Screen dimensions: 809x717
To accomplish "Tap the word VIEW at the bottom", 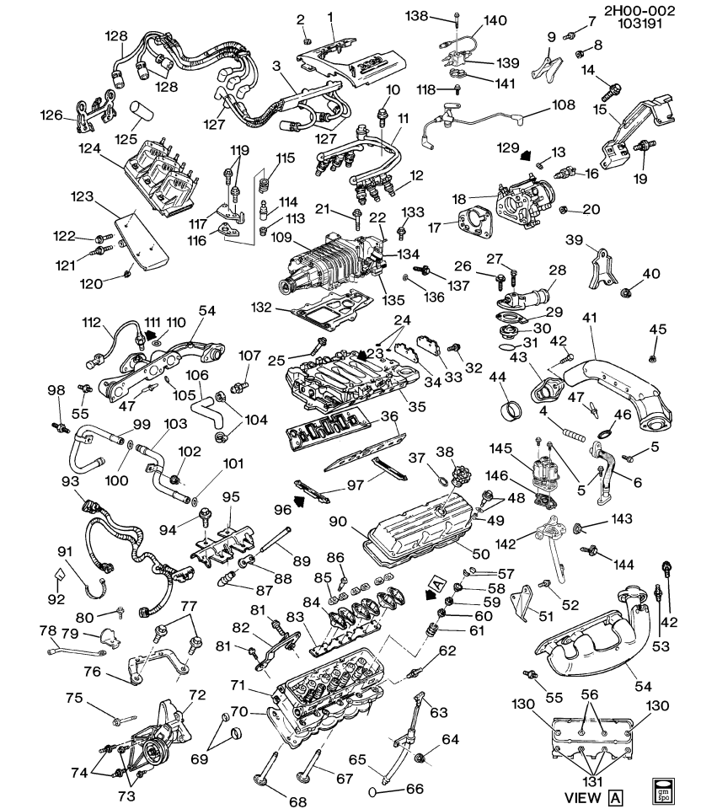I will pyautogui.click(x=583, y=797).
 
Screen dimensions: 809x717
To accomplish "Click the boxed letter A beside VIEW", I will pyautogui.click(x=617, y=797).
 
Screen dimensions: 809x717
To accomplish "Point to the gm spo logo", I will pyautogui.click(x=665, y=790).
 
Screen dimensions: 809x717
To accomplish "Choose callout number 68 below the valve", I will pyautogui.click(x=298, y=801).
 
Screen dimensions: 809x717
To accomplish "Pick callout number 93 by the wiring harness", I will pyautogui.click(x=68, y=480).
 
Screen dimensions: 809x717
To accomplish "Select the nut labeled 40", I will pyautogui.click(x=628, y=293).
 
